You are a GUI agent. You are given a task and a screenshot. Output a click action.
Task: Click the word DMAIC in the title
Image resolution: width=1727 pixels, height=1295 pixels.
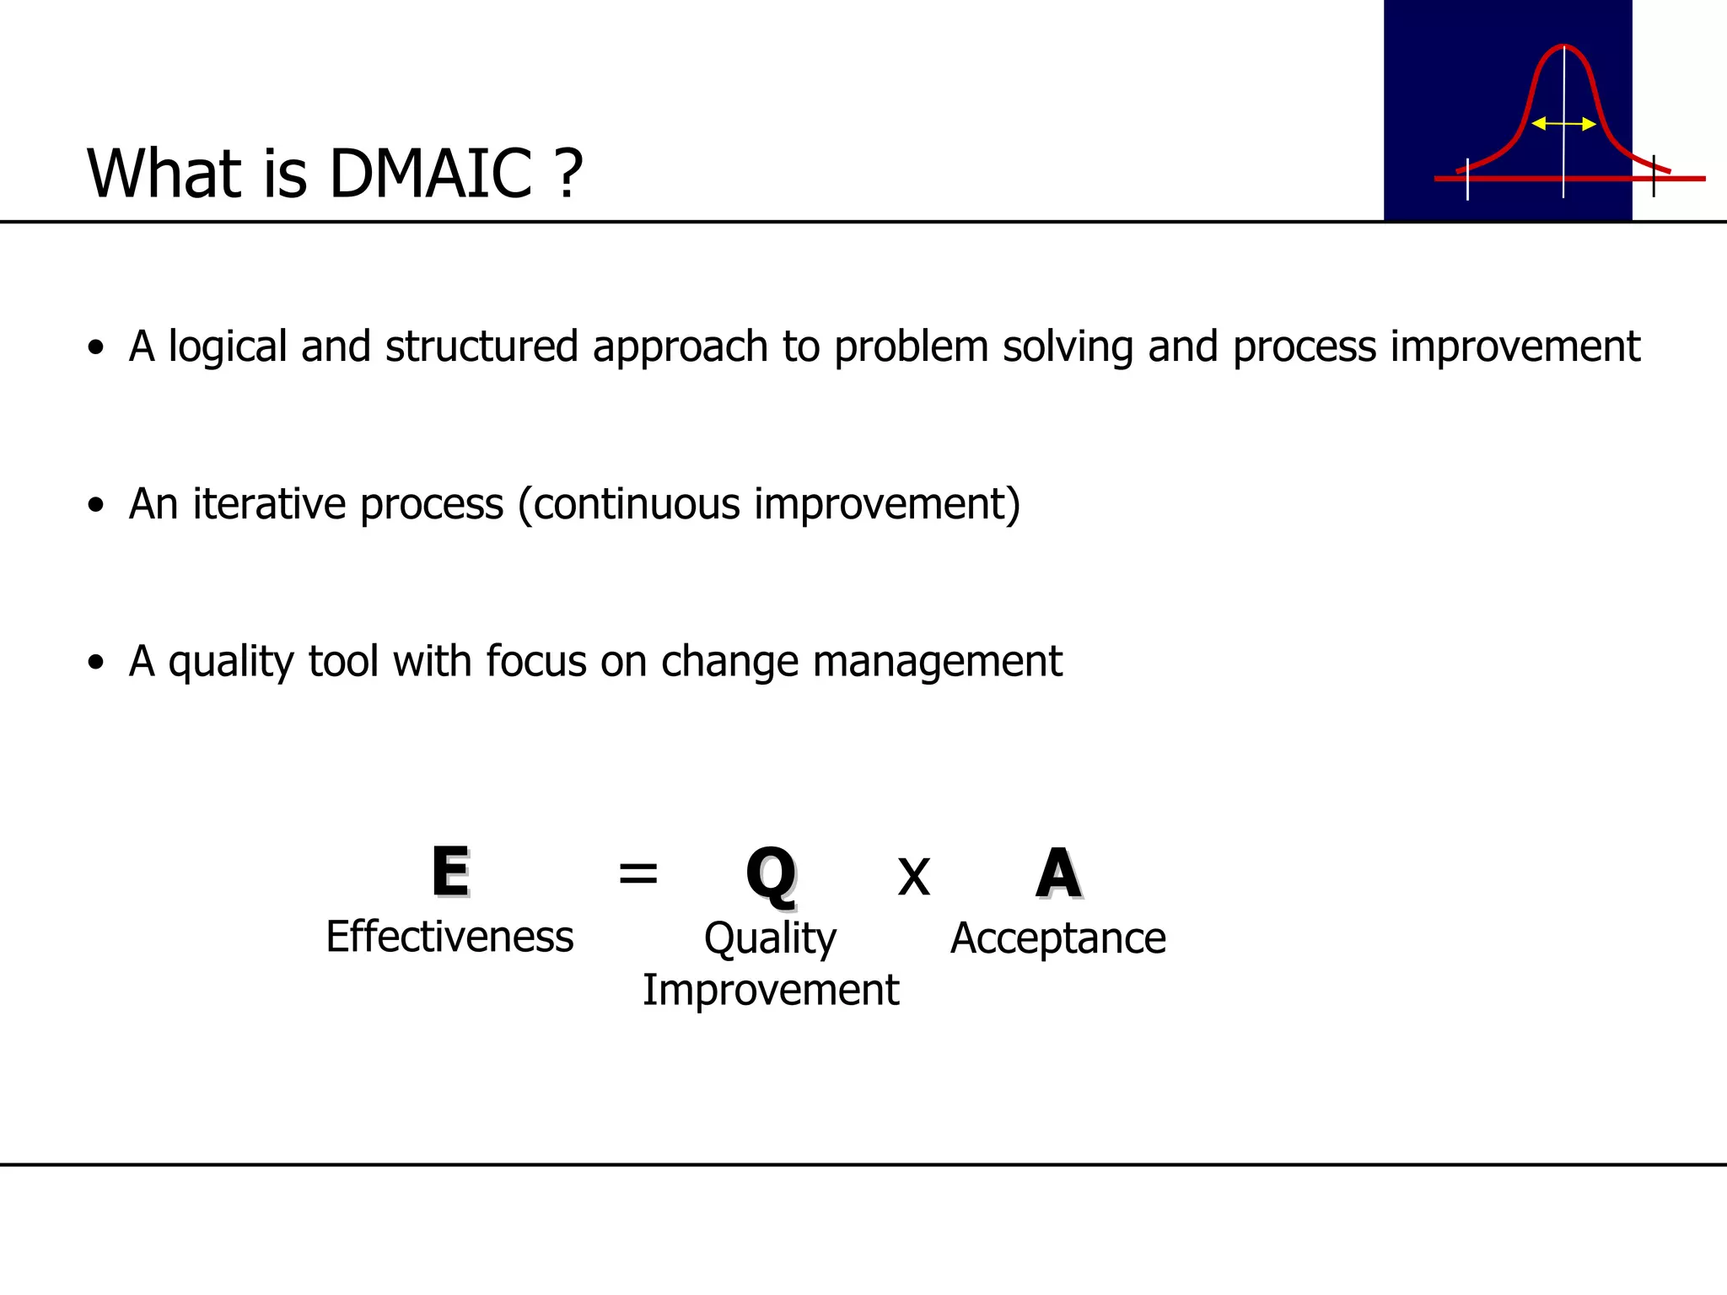pyautogui.click(x=430, y=174)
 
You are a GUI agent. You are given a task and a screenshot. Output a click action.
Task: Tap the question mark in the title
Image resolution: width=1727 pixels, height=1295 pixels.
pyautogui.click(x=569, y=174)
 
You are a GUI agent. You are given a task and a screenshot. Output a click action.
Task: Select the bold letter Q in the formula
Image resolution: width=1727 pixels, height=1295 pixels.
pyautogui.click(x=771, y=875)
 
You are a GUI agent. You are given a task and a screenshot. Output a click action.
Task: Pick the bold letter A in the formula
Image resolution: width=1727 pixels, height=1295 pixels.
pyautogui.click(x=1058, y=873)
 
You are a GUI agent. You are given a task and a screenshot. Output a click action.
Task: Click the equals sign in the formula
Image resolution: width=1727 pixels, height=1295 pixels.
pyautogui.click(x=638, y=873)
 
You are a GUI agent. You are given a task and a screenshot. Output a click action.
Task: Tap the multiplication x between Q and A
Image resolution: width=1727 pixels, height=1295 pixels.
pyautogui.click(x=913, y=877)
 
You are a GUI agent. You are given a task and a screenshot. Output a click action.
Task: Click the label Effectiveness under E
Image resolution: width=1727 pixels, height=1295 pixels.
pyautogui.click(x=449, y=937)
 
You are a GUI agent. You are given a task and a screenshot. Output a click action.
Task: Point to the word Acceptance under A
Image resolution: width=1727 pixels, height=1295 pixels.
pyautogui.click(x=1057, y=938)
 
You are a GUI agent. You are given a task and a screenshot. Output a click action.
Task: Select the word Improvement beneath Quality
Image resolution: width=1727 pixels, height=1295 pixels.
pyautogui.click(x=771, y=990)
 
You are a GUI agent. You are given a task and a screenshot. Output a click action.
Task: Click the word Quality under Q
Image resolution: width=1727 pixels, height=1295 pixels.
pyautogui.click(x=770, y=939)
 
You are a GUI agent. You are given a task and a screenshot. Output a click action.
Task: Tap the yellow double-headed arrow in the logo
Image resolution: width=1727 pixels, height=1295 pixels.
pyautogui.click(x=1563, y=124)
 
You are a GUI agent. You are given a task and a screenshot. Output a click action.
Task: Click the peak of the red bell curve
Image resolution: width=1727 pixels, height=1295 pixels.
pyautogui.click(x=1563, y=46)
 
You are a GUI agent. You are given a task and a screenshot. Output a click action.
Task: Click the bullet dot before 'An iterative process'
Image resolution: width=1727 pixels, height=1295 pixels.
pyautogui.click(x=96, y=505)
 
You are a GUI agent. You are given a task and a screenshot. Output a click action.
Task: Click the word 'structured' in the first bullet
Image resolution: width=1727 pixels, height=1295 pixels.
pyautogui.click(x=482, y=347)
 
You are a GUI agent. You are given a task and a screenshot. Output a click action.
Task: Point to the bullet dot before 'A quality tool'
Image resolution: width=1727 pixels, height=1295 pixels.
pyautogui.click(x=96, y=663)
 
